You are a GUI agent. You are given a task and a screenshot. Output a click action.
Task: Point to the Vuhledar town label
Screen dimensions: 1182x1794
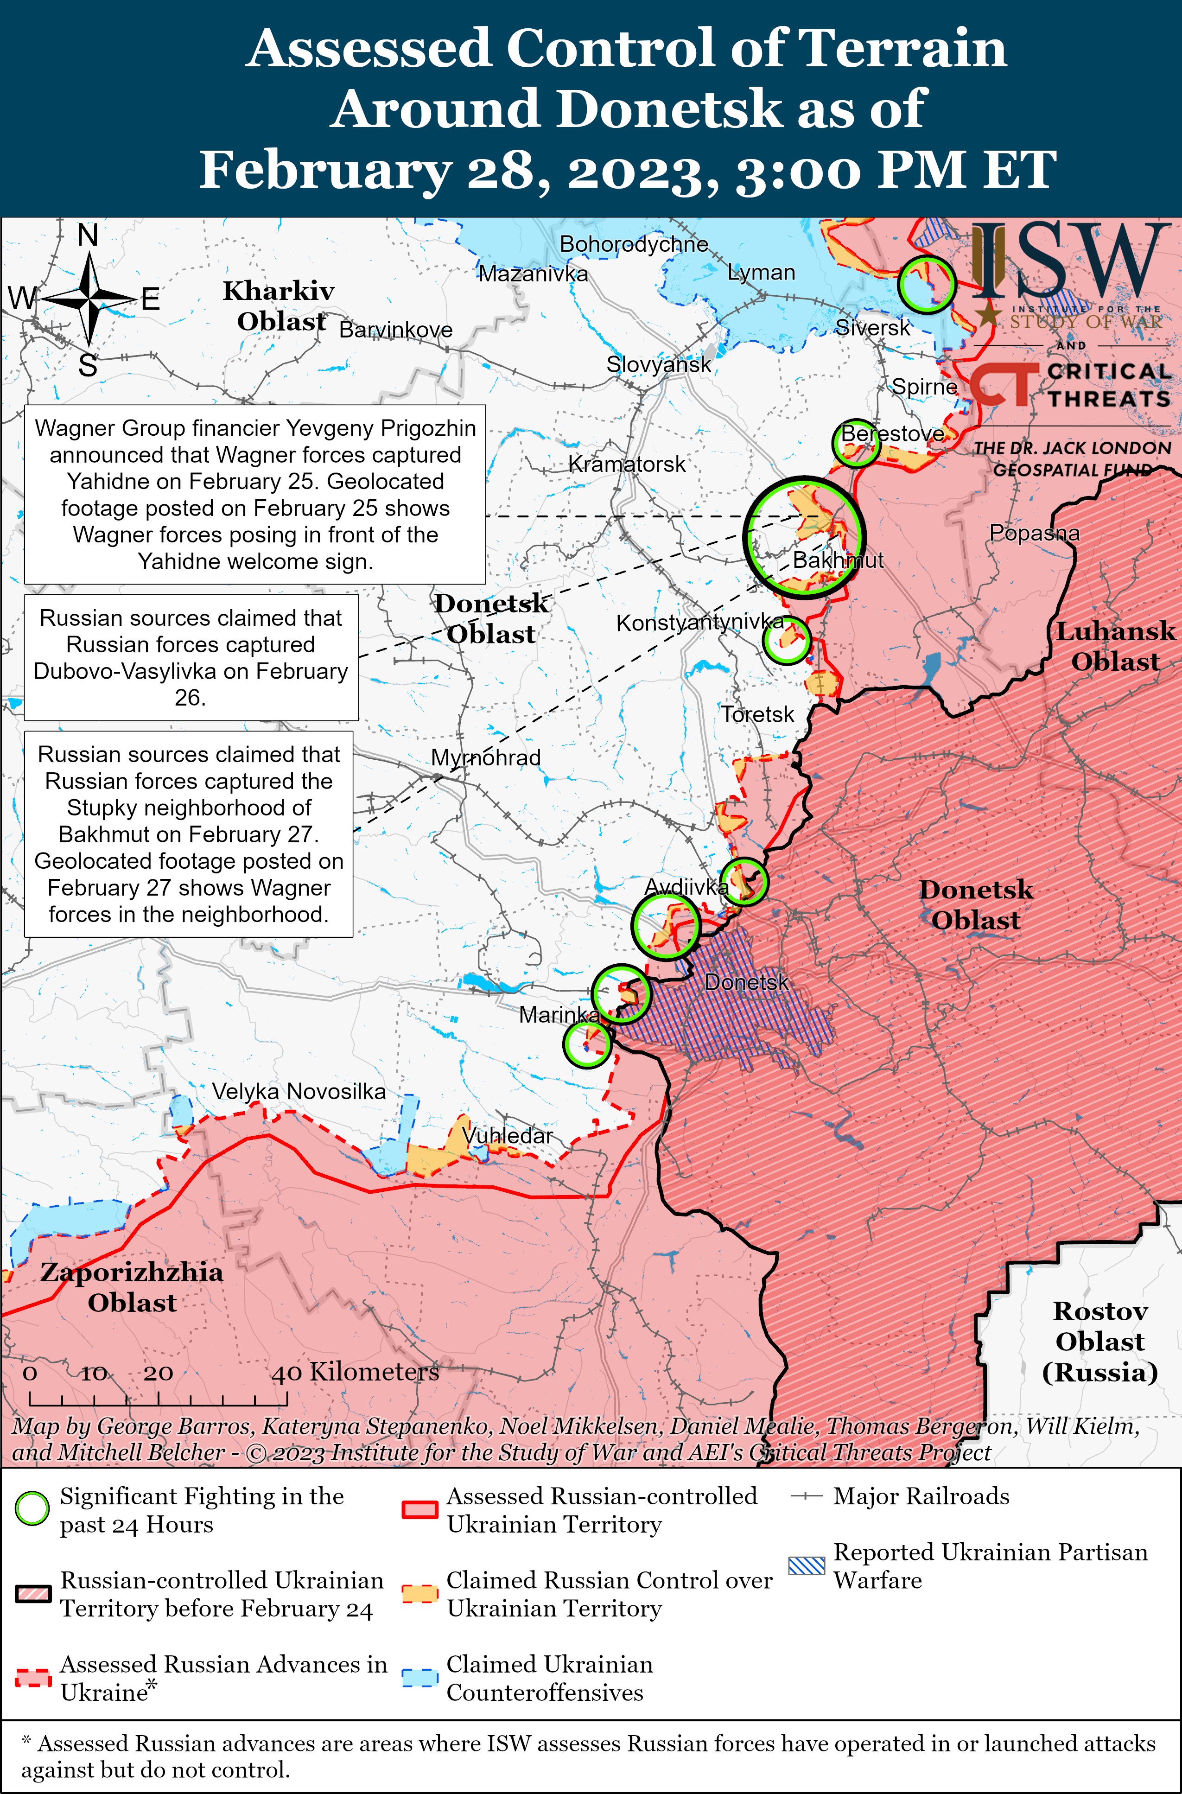507,1135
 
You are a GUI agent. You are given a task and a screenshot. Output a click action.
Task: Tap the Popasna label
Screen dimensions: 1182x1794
1034,533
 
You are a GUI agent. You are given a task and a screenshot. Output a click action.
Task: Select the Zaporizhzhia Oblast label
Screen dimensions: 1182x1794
132,1287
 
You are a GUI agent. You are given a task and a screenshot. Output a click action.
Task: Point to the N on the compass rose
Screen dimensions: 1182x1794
88,236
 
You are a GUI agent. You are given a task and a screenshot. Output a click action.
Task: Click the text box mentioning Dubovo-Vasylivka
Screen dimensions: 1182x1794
191,657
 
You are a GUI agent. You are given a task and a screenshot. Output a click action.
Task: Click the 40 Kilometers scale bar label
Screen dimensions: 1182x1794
354,1372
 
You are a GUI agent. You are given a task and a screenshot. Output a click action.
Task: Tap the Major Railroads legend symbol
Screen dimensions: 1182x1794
806,1496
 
